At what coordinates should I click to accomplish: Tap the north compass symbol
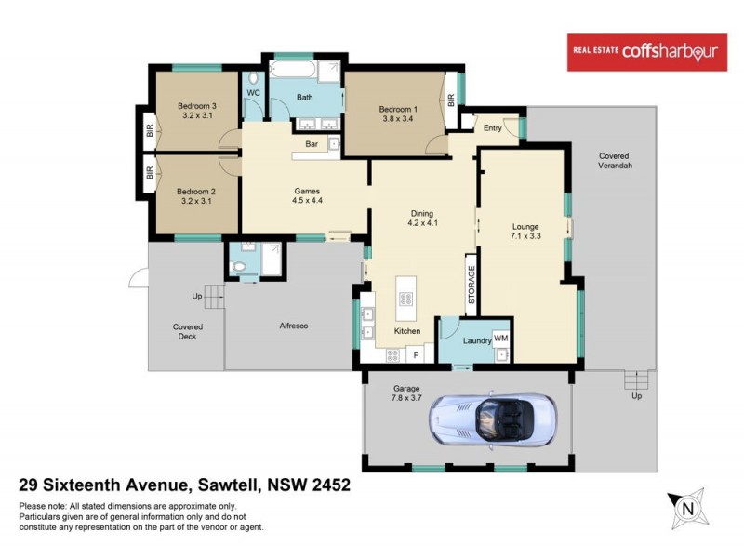[x=688, y=508]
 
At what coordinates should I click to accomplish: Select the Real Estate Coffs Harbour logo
[x=647, y=53]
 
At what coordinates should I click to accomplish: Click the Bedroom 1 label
[x=398, y=110]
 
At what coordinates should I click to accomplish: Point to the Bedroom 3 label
[x=197, y=106]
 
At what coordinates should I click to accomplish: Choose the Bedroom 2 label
[x=196, y=192]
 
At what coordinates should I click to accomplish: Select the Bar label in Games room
[x=312, y=144]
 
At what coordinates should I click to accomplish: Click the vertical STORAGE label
[x=472, y=285]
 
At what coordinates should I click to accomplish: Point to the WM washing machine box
[x=500, y=338]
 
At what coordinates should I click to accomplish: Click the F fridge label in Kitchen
[x=416, y=354]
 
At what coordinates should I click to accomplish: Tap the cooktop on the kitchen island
[x=405, y=299]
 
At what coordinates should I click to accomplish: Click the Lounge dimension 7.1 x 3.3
[x=526, y=236]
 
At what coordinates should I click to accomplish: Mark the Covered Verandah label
[x=615, y=160]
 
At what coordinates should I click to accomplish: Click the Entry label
[x=492, y=127]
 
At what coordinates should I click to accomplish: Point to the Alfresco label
[x=294, y=326]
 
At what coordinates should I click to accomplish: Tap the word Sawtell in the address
[x=230, y=485]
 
